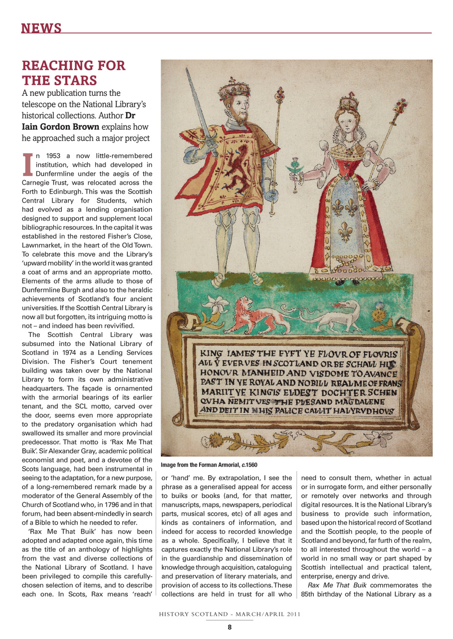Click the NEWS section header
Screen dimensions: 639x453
(x=41, y=28)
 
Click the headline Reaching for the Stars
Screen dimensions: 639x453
(x=73, y=73)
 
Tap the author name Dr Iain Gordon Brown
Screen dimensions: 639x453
(x=60, y=126)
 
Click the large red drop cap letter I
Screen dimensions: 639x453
(x=27, y=164)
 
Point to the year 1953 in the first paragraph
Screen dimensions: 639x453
(x=48, y=156)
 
